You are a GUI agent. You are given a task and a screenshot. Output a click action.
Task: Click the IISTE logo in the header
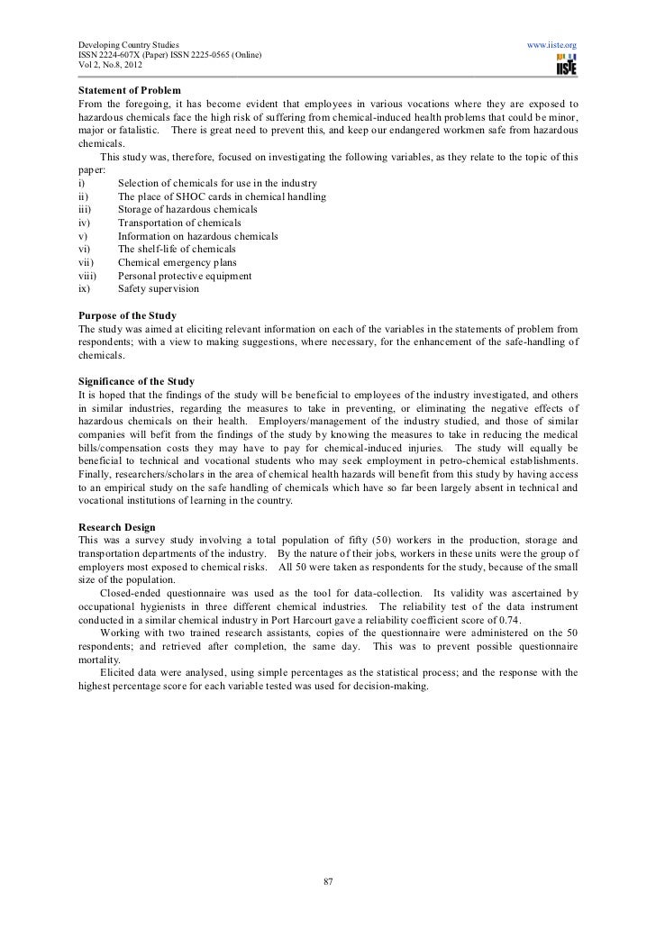pos(567,63)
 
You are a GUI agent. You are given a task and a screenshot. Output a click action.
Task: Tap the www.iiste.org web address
pos(552,44)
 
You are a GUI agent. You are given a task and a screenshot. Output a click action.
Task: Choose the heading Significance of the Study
pos(136,381)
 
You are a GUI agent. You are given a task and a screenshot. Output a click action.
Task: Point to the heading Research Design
pos(117,526)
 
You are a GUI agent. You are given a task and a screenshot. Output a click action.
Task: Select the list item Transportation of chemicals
pos(179,223)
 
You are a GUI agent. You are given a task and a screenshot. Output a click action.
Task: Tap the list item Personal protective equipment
pos(185,276)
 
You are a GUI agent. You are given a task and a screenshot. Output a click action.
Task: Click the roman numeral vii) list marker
pos(87,262)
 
